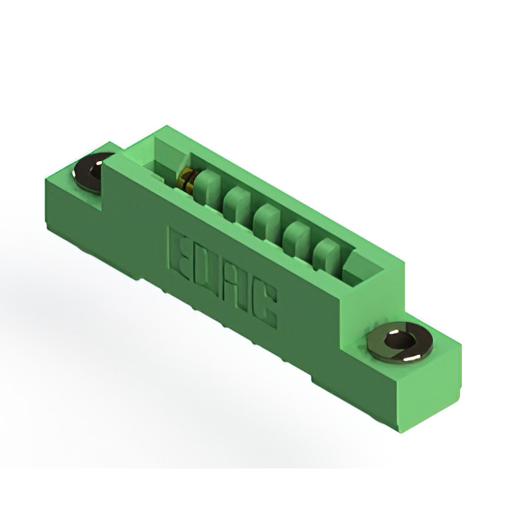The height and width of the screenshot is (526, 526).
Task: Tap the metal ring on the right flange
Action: coord(400,343)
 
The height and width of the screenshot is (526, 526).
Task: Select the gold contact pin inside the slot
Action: coord(187,182)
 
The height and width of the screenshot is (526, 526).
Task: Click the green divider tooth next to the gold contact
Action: coord(205,189)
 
